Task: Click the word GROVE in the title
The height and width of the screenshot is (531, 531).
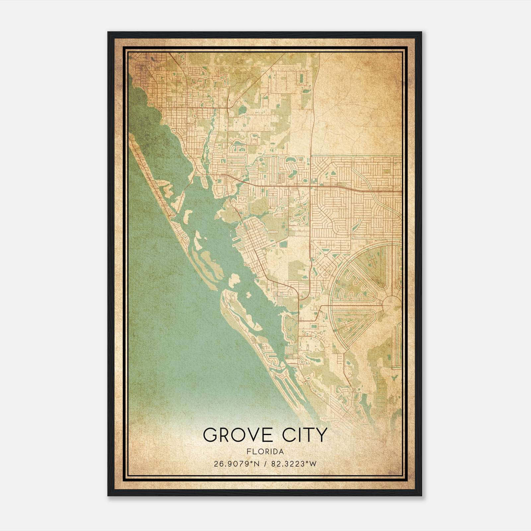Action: click(239, 435)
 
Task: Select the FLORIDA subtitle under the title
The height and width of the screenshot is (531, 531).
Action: click(265, 452)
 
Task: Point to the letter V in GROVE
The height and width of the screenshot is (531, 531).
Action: click(253, 435)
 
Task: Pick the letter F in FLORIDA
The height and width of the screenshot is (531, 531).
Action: click(248, 452)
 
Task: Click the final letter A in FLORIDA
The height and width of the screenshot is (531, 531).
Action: click(281, 452)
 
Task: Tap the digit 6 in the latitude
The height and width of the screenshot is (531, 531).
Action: click(220, 464)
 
